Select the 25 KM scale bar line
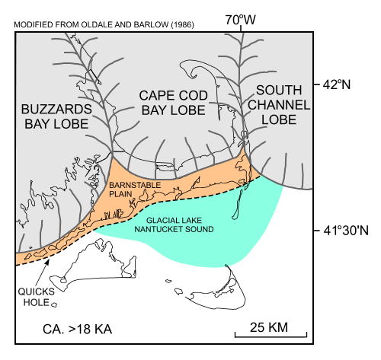271,333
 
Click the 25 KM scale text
270,325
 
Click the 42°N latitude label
335,85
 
